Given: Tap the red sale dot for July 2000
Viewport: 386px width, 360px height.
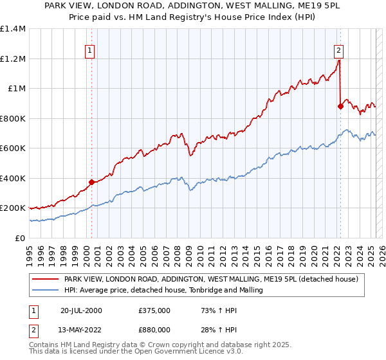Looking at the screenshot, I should click(x=92, y=182).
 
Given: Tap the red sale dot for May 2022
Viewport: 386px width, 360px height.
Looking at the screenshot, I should click(x=340, y=107).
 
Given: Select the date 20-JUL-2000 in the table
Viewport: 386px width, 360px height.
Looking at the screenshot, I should click(x=81, y=310).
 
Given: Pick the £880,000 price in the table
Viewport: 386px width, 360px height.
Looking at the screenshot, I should click(x=154, y=329).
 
